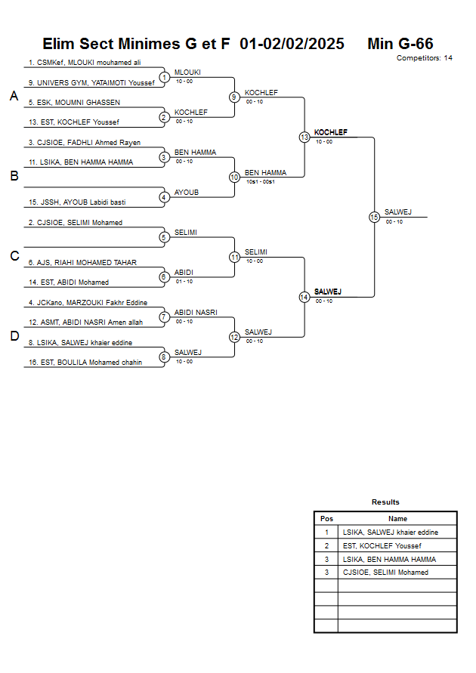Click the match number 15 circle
tap(374, 217)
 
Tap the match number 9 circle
tap(234, 97)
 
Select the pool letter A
tap(14, 97)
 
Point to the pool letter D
tap(14, 336)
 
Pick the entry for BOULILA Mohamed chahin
tap(85, 363)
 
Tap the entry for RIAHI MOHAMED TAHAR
tap(82, 263)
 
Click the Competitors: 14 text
tap(425, 58)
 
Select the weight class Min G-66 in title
tap(400, 44)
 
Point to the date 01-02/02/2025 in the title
tap(292, 44)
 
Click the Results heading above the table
tap(385, 502)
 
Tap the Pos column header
tap(326, 519)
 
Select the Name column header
tap(397, 519)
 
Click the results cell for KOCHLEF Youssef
tap(382, 545)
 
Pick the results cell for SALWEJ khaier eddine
tap(390, 533)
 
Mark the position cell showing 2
tap(326, 545)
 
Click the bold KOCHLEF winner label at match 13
tap(331, 132)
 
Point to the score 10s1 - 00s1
tap(260, 182)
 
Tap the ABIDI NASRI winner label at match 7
tap(196, 312)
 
